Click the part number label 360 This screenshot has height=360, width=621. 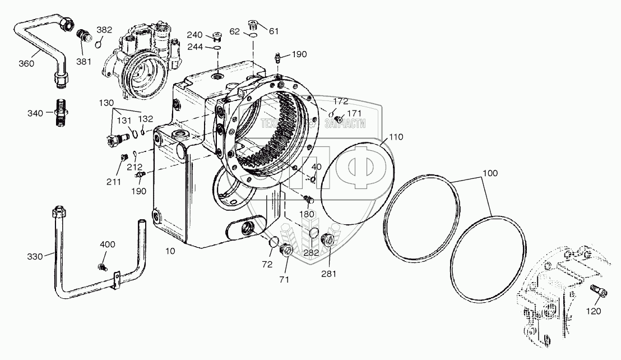click(26, 63)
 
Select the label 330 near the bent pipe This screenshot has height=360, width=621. click(35, 256)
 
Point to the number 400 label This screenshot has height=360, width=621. click(108, 244)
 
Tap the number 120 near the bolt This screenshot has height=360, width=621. click(594, 311)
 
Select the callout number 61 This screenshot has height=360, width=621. click(274, 31)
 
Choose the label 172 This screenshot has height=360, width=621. click(340, 101)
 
